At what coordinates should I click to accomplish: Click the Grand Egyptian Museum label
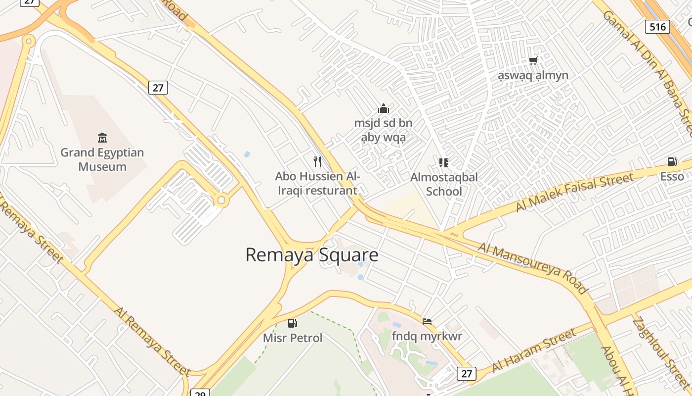pos(102,159)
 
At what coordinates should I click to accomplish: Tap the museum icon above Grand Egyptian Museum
pos(102,137)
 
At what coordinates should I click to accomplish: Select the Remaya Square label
pos(312,255)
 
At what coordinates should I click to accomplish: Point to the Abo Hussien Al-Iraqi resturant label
pos(317,183)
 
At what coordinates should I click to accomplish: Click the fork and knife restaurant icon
pos(317,161)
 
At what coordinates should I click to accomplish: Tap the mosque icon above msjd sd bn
pos(384,108)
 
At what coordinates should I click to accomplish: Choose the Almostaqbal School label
pos(444,184)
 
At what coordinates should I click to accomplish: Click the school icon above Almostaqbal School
pos(444,162)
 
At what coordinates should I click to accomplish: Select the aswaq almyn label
pos(533,75)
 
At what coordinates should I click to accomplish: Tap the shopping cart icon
pos(533,60)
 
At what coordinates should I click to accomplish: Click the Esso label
pos(672,176)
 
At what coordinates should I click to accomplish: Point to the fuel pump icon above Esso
pos(672,161)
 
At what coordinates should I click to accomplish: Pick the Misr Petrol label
pos(293,338)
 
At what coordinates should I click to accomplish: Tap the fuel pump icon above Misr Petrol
pos(293,323)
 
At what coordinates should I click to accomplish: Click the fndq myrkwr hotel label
pos(427,337)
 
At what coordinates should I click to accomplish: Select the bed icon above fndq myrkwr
pos(427,322)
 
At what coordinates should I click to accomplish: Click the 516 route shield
pos(657,27)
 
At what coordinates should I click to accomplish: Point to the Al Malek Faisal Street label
pos(574,192)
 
